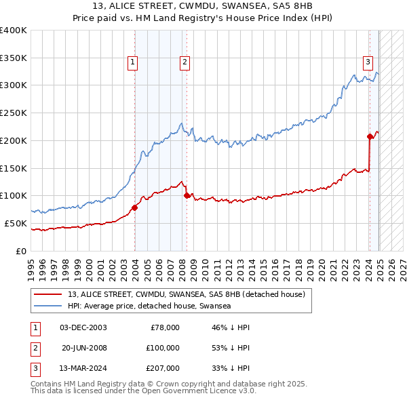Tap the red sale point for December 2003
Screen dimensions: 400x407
[134, 207]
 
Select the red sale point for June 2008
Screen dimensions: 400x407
[187, 195]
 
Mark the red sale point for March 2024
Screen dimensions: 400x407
[370, 136]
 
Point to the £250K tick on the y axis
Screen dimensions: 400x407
[14, 113]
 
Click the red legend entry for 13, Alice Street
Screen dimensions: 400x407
[187, 294]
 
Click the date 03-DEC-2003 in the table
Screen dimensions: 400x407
[83, 327]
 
